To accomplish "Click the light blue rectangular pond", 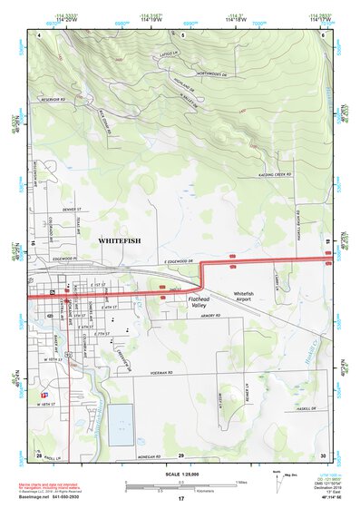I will tap(121, 425).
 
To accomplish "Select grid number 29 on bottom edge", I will tap(181, 455).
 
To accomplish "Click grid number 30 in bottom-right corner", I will tap(321, 455).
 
